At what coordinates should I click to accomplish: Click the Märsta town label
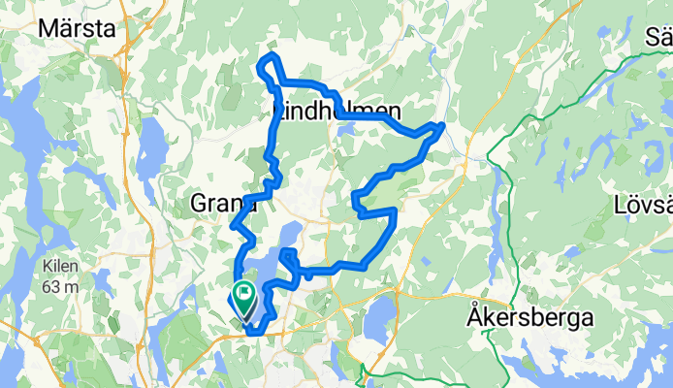74,28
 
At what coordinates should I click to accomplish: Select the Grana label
223,204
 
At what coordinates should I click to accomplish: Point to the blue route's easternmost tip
443,125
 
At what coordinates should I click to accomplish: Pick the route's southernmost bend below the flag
254,333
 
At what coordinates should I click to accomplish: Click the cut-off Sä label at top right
658,38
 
